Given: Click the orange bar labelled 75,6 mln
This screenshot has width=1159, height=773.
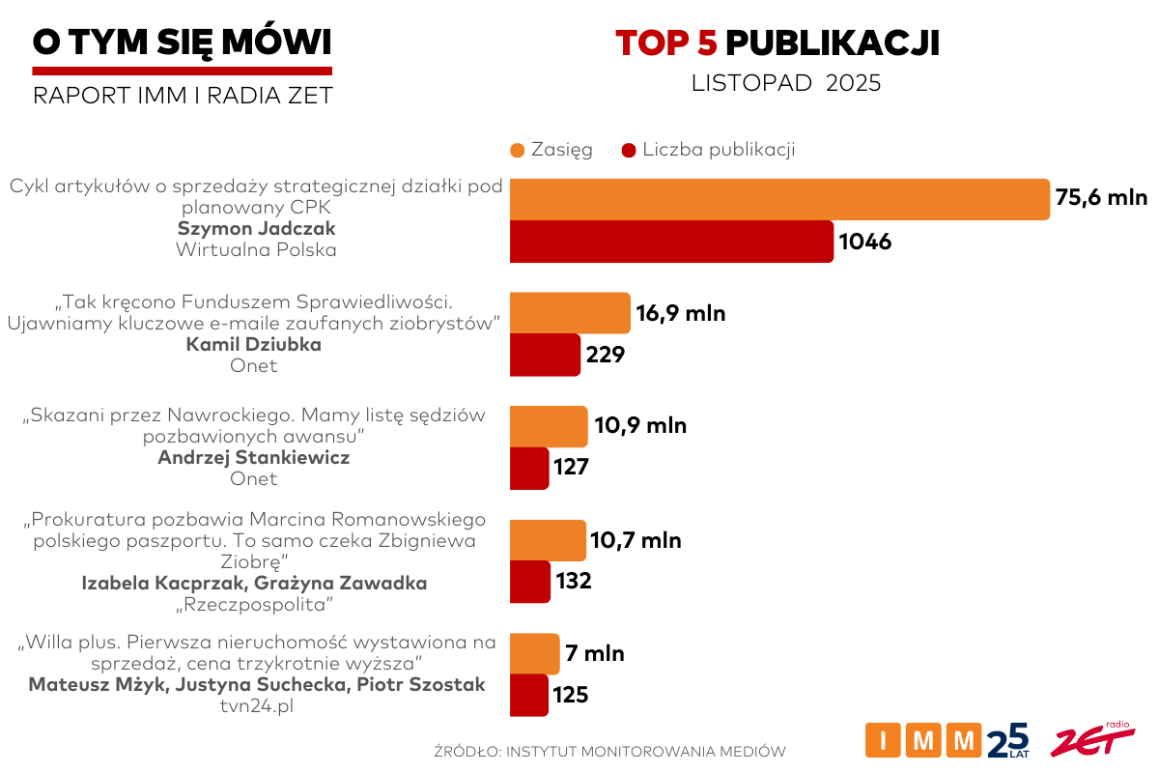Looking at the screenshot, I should [x=778, y=199].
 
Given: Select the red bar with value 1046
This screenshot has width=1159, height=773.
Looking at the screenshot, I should [x=671, y=242].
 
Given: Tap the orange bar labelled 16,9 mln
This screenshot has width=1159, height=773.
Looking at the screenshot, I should [x=570, y=313].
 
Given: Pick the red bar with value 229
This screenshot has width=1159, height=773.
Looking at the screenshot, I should [x=545, y=355].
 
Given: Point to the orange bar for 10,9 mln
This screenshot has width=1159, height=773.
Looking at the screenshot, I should [x=548, y=426].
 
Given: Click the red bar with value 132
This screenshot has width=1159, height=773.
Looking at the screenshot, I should [x=529, y=582].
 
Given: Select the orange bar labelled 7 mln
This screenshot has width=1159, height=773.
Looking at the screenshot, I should [x=534, y=654].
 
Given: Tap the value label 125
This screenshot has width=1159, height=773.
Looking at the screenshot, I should [x=571, y=695].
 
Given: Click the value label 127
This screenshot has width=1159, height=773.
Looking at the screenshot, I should [x=571, y=468].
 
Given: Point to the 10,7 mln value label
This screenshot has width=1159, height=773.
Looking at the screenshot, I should [x=636, y=540].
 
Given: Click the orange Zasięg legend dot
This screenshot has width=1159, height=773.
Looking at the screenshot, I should [x=517, y=150].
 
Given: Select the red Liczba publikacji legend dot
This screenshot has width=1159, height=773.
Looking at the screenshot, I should [x=630, y=150].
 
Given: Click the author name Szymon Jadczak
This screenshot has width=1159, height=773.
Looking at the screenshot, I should [x=255, y=229].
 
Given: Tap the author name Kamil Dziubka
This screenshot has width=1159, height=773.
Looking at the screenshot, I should [x=253, y=345].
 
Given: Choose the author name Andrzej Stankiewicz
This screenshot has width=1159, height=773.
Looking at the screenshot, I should [x=253, y=457].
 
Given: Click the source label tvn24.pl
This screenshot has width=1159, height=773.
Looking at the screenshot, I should [x=256, y=706].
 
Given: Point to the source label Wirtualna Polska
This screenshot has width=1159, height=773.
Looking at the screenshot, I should [x=256, y=249].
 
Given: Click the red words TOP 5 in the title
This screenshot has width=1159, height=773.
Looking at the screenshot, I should [x=665, y=43].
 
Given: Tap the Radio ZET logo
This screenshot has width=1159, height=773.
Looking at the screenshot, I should [x=1091, y=739].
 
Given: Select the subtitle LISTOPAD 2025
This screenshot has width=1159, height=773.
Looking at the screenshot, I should [x=786, y=83].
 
